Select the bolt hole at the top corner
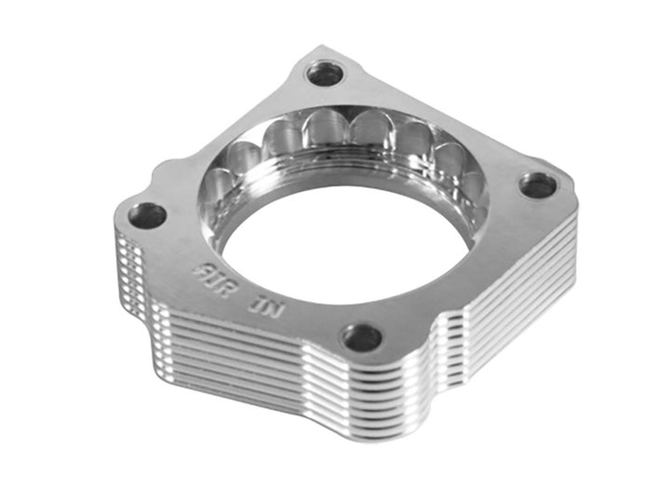coord(324,73)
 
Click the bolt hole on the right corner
coord(537,185)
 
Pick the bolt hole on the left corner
coord(147,215)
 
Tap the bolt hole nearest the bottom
coord(362,336)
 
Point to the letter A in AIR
coord(196,273)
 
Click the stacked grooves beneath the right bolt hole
coord(530,279)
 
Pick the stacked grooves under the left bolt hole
coord(130,270)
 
